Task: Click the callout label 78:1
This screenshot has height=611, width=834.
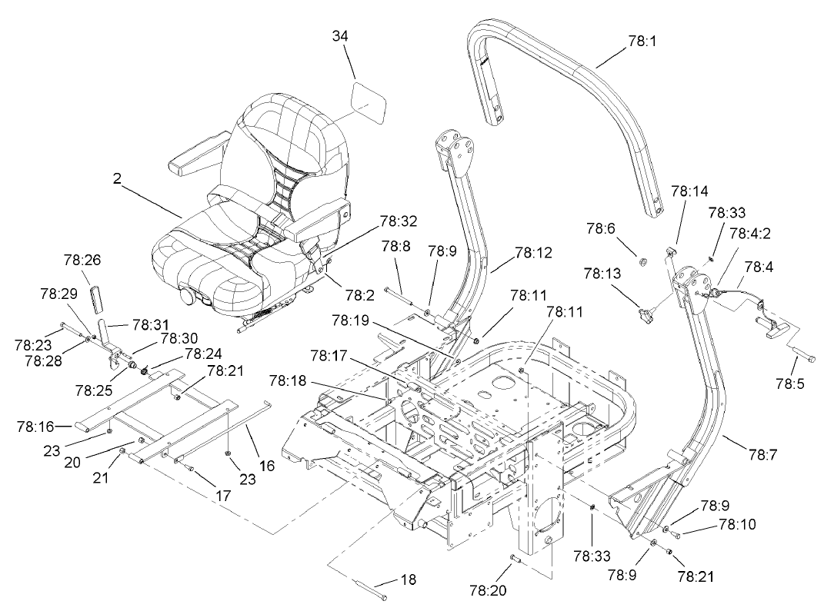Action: pos(642,42)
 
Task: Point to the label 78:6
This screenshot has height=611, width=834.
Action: pos(601,227)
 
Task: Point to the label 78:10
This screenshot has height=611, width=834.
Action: pos(737,525)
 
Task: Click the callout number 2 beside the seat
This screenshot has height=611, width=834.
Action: pos(117,178)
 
